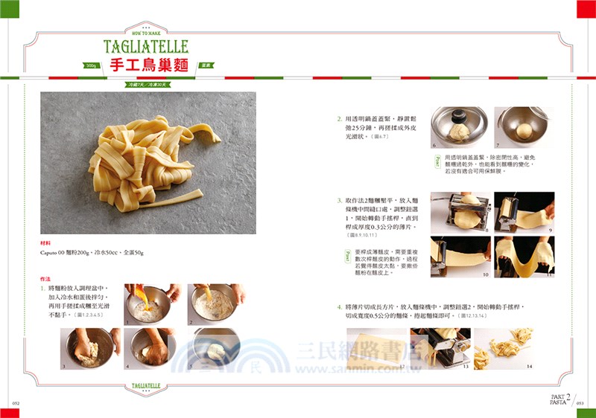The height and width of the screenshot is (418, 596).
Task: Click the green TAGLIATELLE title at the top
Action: (x=145, y=46)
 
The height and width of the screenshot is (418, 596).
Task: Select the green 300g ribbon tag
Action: (x=92, y=65)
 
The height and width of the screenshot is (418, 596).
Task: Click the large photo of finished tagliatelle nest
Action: (x=148, y=162)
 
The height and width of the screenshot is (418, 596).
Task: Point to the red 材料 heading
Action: (x=45, y=242)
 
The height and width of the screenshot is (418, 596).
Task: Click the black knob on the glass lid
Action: (x=459, y=115)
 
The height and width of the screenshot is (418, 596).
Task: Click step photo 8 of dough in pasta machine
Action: (x=460, y=211)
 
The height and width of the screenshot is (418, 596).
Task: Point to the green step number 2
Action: (x=339, y=118)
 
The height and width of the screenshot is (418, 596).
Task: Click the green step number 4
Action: (x=339, y=306)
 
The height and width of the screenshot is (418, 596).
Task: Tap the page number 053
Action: (x=580, y=403)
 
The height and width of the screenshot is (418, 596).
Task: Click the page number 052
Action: (x=15, y=403)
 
